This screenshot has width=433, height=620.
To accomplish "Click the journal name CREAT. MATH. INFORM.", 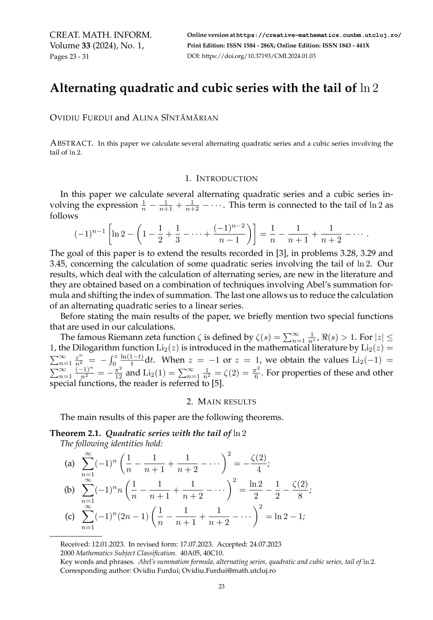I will [100, 35].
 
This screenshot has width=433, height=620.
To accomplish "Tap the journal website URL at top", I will [318, 35].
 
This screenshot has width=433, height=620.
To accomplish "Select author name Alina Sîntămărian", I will [175, 118].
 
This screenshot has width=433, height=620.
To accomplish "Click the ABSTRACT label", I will [71, 143].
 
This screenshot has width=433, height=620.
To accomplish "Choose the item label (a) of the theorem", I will [69, 463].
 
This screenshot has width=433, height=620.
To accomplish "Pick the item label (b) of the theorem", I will [69, 490].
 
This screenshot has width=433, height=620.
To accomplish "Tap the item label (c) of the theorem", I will [70, 516].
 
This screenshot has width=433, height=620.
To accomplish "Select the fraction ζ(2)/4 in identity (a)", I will [258, 463].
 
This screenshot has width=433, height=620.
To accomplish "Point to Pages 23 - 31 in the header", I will [69, 57].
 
